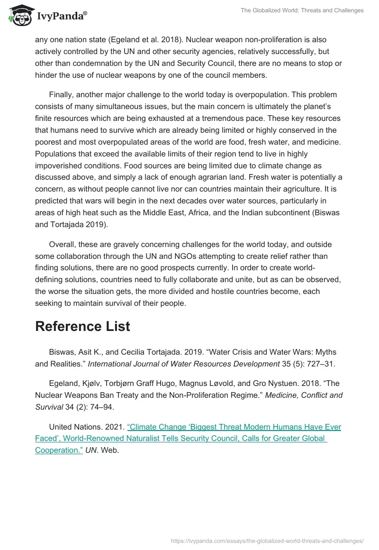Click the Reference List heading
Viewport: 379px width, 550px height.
[x=82, y=326]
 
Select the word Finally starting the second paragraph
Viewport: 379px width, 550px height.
[x=63, y=95]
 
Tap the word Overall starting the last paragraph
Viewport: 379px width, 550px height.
[x=63, y=245]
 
